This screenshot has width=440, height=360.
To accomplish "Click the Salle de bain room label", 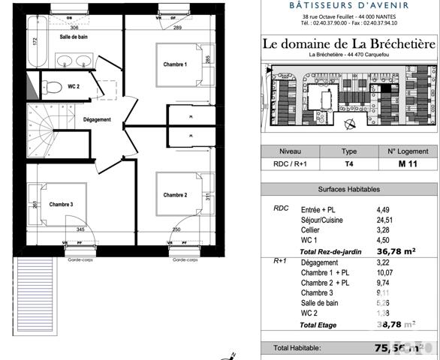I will [x=74, y=37].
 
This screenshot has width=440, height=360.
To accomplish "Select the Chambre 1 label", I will [x=175, y=64].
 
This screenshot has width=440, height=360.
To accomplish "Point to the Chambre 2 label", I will [x=175, y=195].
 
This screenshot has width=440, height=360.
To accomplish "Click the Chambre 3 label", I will [x=61, y=204].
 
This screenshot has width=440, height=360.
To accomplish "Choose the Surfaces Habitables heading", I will [x=348, y=190].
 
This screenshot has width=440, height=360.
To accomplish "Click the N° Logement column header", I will [x=407, y=150].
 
